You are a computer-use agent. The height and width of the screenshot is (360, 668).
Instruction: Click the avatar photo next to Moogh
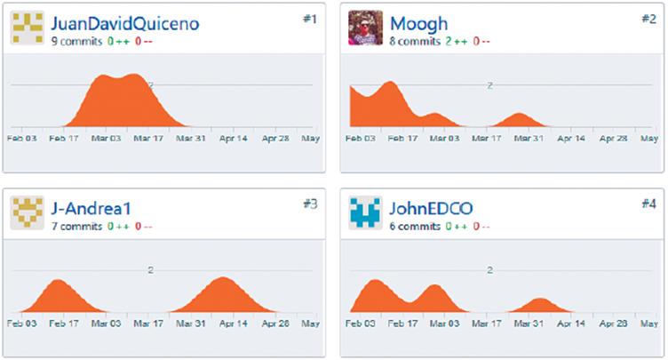pyautogui.click(x=365, y=28)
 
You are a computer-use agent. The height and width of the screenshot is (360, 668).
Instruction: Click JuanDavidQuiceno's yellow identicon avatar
pyautogui.click(x=27, y=28)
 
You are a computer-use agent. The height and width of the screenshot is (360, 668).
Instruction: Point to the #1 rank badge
pyautogui.click(x=309, y=18)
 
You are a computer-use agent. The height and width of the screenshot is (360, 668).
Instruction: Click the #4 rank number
pyautogui.click(x=648, y=204)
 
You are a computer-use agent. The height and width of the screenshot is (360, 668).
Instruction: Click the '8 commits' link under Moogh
pyautogui.click(x=414, y=41)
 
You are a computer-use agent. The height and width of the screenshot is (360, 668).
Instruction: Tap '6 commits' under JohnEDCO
pyautogui.click(x=414, y=227)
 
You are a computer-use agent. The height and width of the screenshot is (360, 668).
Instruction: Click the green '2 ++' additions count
pyautogui.click(x=455, y=41)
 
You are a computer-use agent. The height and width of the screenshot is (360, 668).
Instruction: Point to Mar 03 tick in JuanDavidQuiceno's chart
pyautogui.click(x=106, y=138)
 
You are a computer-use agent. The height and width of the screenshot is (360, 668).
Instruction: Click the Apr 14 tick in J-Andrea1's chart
pyautogui.click(x=232, y=324)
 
